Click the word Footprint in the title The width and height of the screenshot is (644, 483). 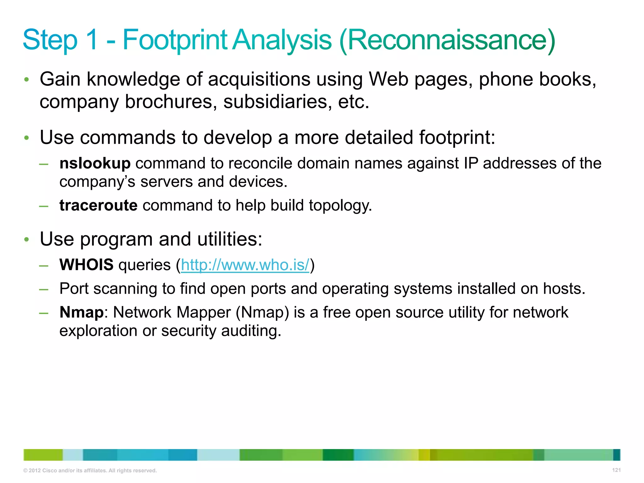(175, 40)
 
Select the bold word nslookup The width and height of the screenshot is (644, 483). (95, 164)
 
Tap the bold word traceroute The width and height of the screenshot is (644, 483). (98, 206)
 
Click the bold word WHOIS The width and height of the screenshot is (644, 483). (86, 265)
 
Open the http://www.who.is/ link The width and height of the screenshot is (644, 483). (245, 265)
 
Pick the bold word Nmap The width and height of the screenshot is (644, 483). (81, 313)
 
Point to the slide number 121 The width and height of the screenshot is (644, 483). (616, 470)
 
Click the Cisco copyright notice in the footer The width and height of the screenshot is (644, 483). (90, 471)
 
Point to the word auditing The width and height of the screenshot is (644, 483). (251, 331)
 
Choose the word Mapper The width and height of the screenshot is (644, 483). (204, 313)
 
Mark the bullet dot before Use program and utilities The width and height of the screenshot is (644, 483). (27, 240)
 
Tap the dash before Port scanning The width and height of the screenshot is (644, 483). (44, 289)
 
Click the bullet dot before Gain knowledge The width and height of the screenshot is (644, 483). (27, 80)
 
